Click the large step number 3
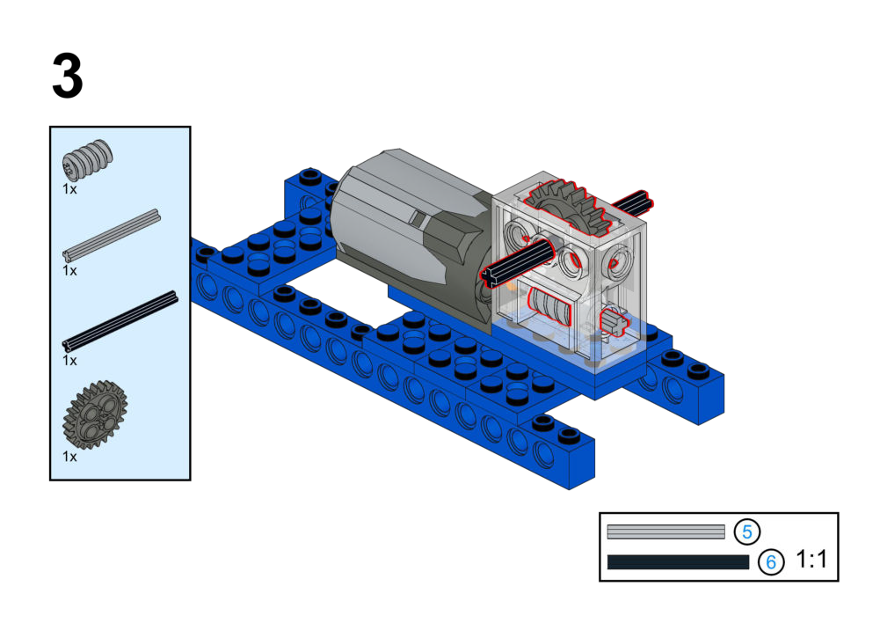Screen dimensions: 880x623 pyautogui.click(x=68, y=76)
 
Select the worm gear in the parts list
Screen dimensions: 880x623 pyautogui.click(x=87, y=159)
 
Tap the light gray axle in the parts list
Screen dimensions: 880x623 pyautogui.click(x=111, y=235)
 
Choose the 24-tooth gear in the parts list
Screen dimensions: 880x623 pyautogui.click(x=95, y=414)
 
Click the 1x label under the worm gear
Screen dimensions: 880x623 pyautogui.click(x=69, y=189)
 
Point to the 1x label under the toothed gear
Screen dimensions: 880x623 pyautogui.click(x=69, y=457)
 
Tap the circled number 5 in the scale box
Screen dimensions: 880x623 pyautogui.click(x=747, y=531)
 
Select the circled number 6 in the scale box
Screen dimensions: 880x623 pyautogui.click(x=771, y=561)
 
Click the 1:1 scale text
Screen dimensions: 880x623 pyautogui.click(x=811, y=559)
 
